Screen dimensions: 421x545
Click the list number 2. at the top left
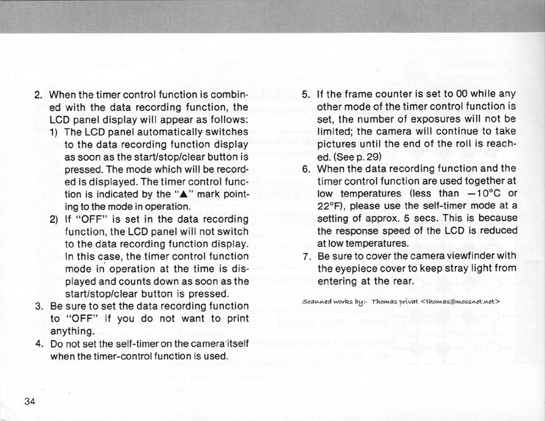[38, 95]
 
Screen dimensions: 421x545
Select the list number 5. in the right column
[306, 95]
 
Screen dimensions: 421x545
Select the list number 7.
[306, 256]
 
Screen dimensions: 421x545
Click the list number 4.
[38, 343]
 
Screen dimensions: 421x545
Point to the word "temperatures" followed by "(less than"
[368, 193]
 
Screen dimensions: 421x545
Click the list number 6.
[306, 168]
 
